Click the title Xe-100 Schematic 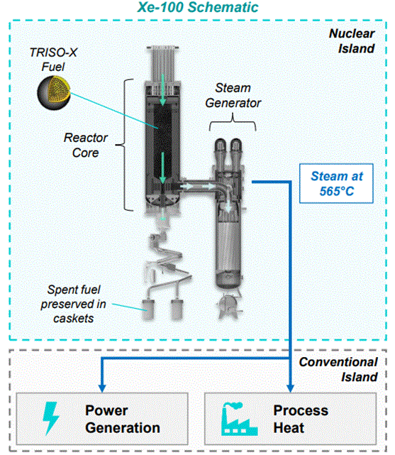(198, 7)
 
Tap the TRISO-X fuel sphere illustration (54, 93)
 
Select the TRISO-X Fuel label (53, 60)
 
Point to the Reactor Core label (86, 145)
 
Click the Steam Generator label (233, 95)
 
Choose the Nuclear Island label (352, 41)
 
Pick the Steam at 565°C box (336, 183)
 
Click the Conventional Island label (338, 369)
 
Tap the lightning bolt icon (51, 418)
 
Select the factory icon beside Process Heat (239, 419)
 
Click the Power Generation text (123, 419)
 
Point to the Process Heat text (301, 419)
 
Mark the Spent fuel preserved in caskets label (73, 304)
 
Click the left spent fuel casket (148, 309)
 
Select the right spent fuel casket (177, 309)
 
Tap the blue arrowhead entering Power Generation (102, 388)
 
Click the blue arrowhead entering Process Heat (290, 388)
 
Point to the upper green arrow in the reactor (162, 90)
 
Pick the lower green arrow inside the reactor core (162, 168)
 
